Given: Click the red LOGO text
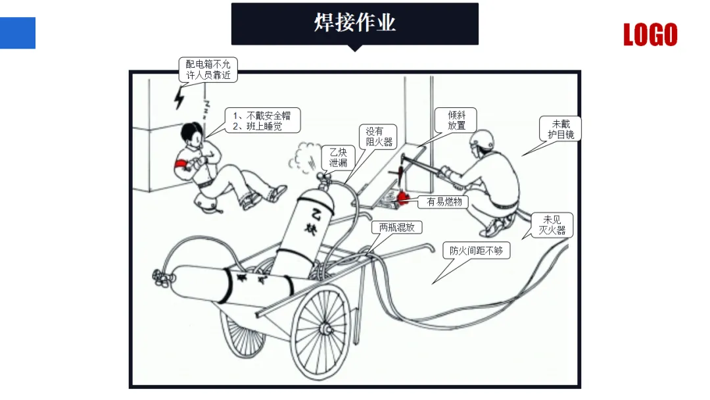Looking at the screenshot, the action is (x=650, y=35).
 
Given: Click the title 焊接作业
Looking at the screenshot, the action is (x=354, y=22).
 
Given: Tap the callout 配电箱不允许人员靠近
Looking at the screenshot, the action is (x=208, y=70).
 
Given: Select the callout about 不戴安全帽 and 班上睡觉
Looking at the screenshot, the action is (x=262, y=120).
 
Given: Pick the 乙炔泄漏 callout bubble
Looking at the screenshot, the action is (x=338, y=158).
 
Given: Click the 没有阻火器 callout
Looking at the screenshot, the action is (x=379, y=136).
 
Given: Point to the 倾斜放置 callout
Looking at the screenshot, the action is (x=456, y=120).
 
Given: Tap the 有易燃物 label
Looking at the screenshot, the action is (x=444, y=202).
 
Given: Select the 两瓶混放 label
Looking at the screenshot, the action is (x=396, y=228).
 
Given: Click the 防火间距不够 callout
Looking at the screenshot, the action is (x=479, y=251).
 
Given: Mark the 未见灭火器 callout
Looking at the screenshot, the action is (x=552, y=225).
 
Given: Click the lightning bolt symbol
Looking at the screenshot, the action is (x=179, y=98).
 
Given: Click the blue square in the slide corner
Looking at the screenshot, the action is (x=17, y=34).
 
